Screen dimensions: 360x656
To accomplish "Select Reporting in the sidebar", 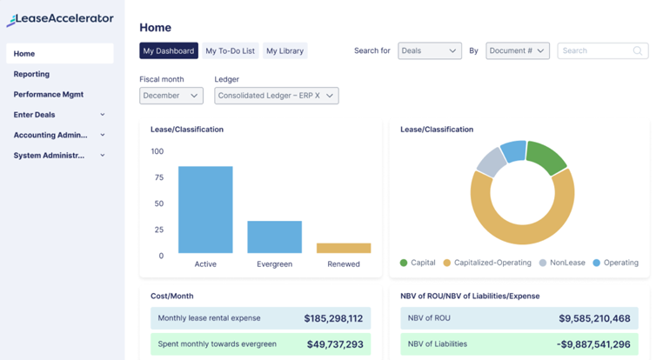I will tap(31, 74).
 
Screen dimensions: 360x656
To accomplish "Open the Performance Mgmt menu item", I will tap(49, 94).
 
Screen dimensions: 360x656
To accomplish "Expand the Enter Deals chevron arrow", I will tap(103, 115).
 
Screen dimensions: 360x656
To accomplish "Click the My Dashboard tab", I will tap(169, 51).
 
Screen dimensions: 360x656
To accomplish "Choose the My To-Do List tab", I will tap(230, 51).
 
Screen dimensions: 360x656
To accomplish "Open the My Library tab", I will tap(284, 51).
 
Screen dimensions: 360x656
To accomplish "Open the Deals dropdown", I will tap(429, 51).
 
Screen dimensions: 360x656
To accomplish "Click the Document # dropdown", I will tap(517, 51).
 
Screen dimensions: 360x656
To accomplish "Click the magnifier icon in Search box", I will tap(639, 51).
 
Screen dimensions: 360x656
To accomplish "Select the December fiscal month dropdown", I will tap(171, 96).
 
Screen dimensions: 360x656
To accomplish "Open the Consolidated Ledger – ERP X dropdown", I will tap(276, 96).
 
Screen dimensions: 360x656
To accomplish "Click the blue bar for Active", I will tap(205, 210).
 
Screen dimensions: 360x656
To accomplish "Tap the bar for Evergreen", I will tap(274, 237).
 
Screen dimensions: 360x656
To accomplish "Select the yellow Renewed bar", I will tap(343, 249).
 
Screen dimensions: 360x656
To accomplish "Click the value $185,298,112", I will tap(333, 319).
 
